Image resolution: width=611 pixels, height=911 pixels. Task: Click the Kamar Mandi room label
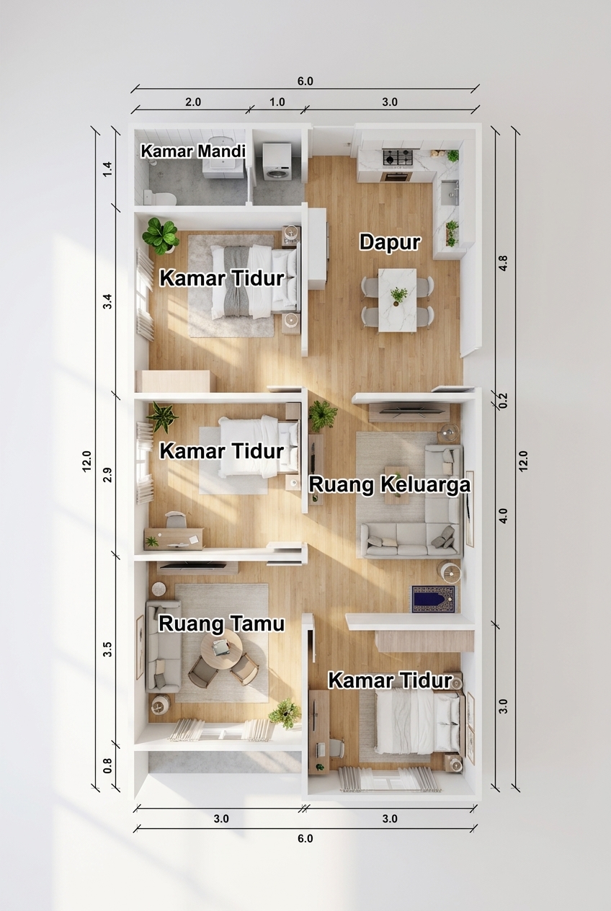pos(193,151)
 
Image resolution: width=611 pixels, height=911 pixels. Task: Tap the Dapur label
pos(390,242)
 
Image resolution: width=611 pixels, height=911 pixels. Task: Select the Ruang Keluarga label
pos(390,485)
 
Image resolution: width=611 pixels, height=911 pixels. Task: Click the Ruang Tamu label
pos(221,623)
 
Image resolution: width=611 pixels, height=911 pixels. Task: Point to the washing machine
pos(277,161)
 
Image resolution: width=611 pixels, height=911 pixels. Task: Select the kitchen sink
pos(450,192)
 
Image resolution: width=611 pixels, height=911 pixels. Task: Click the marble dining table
pos(397,300)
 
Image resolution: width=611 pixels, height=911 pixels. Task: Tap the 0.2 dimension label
pos(503,400)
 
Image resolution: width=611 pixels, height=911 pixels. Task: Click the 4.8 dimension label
pos(503,263)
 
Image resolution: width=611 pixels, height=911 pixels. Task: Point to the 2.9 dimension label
pos(107,475)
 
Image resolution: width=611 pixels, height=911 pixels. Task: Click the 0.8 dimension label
pos(107,765)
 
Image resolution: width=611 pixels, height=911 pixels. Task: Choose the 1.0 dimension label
pos(277,102)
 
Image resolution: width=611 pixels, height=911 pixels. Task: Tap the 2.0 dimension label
pos(193,102)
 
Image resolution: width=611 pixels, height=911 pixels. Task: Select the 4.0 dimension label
pos(503,516)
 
